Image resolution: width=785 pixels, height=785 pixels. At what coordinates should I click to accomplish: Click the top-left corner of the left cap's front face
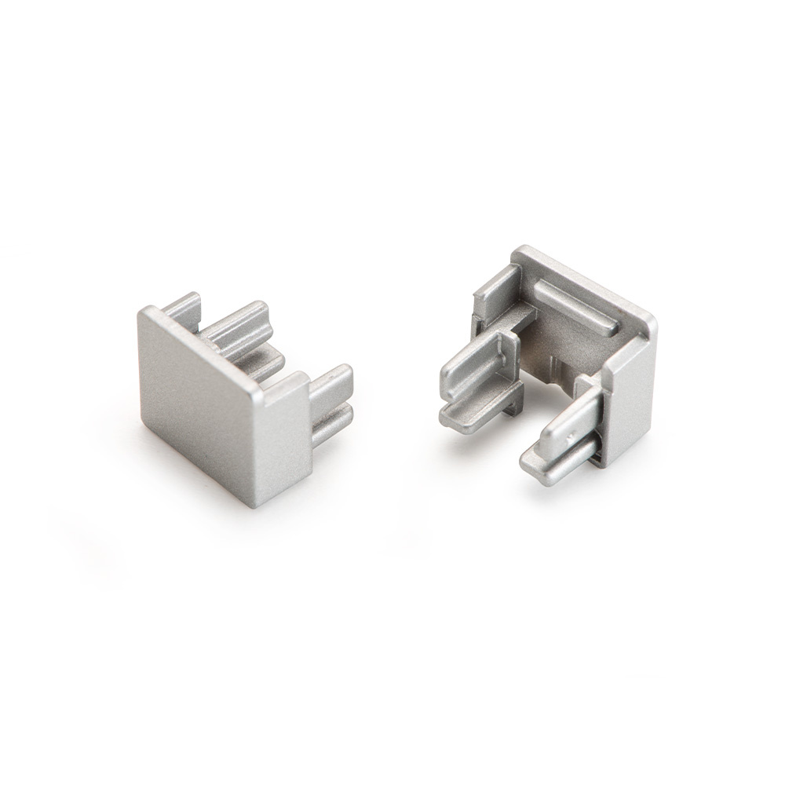tap(144, 313)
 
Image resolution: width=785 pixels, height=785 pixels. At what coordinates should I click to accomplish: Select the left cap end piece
tap(235, 392)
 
